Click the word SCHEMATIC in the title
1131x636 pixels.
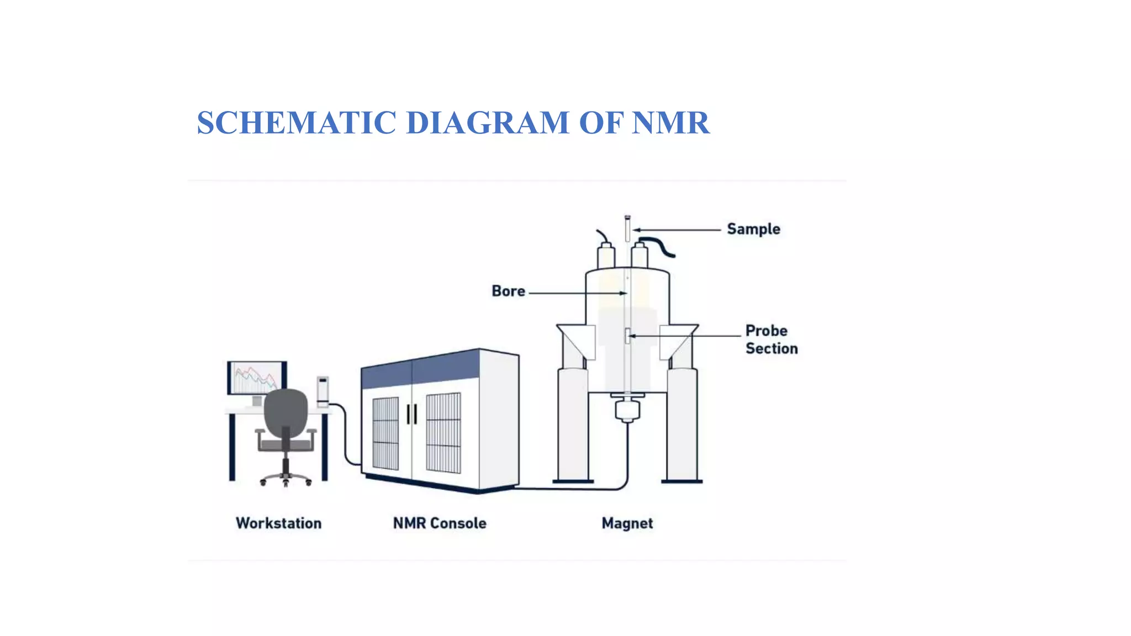[297, 123]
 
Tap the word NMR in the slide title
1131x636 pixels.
[670, 123]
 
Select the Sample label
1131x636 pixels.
[753, 229]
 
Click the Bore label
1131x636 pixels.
[508, 291]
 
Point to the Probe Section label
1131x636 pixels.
[771, 340]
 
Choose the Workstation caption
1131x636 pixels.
[278, 523]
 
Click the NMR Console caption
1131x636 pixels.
[440, 523]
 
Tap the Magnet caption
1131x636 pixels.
[627, 523]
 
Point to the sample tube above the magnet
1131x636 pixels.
[627, 229]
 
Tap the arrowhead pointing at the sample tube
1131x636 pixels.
[637, 230]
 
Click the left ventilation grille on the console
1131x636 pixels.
[385, 433]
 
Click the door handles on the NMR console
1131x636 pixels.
[412, 414]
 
